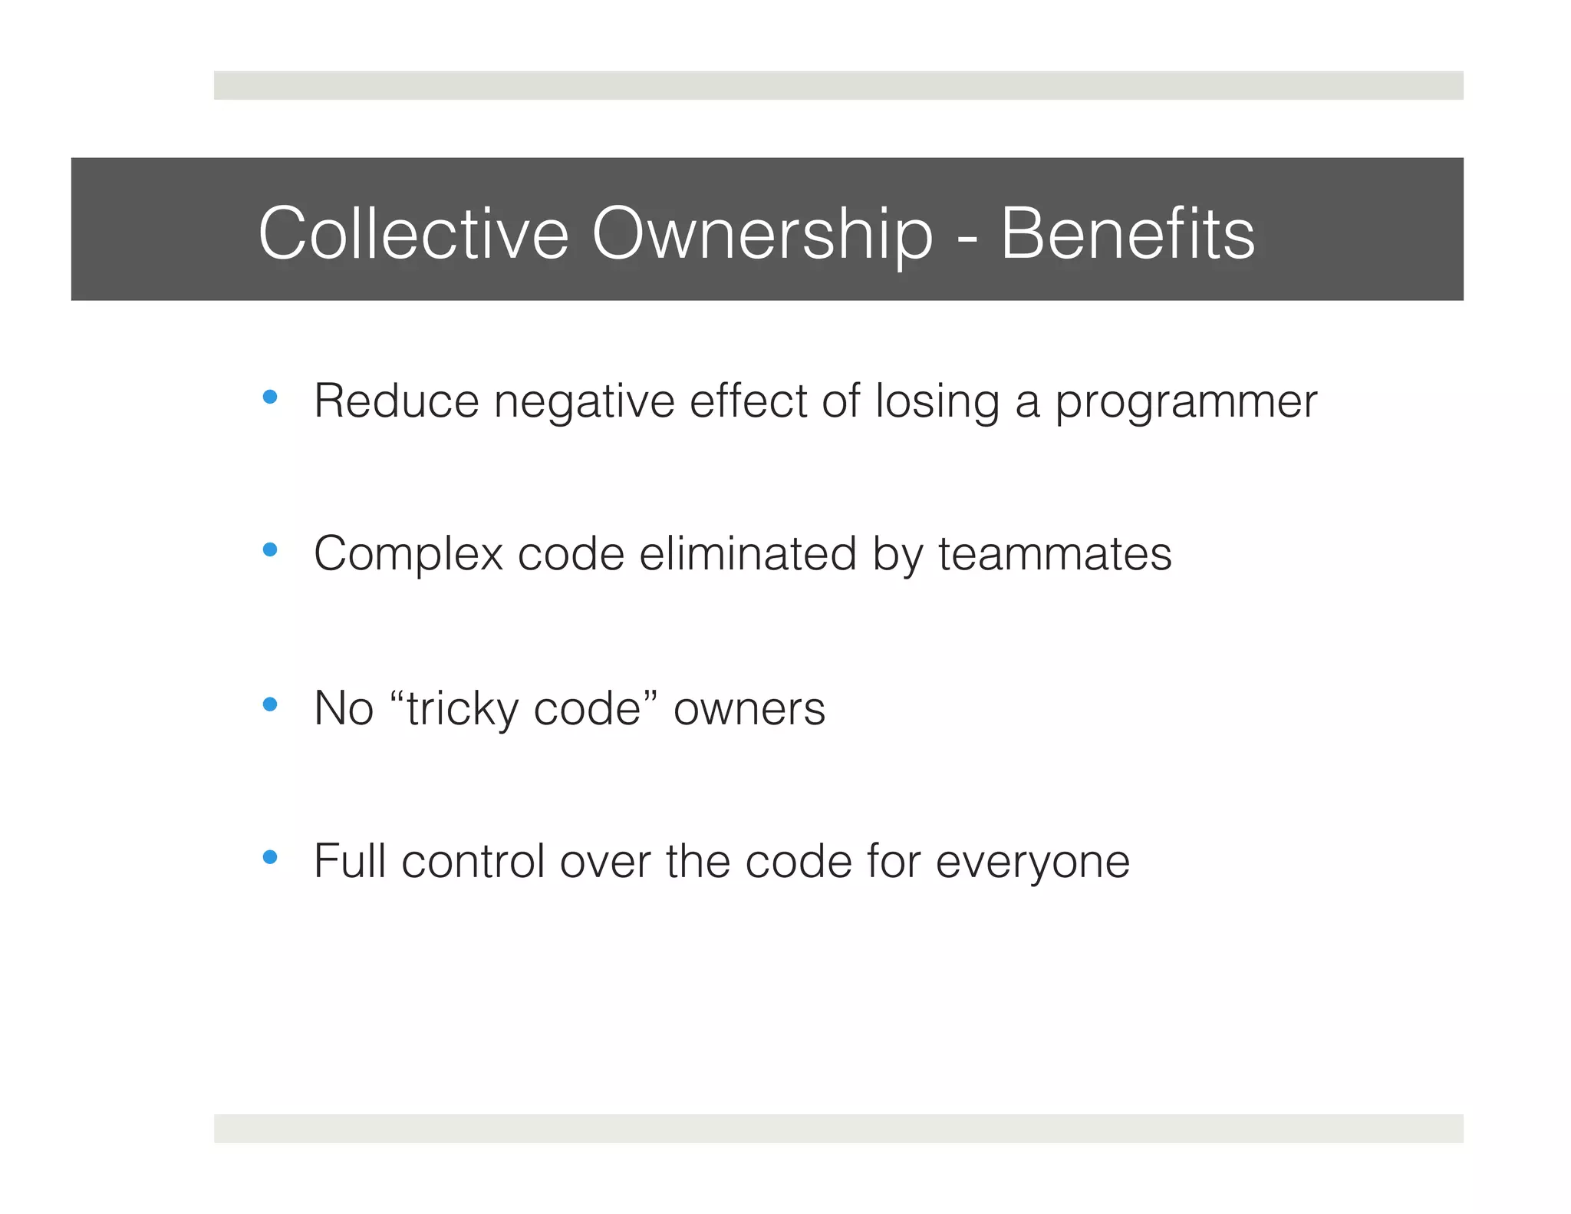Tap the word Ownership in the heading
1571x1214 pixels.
click(762, 233)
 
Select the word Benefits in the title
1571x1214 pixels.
click(1127, 233)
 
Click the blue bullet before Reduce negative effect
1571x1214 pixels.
click(269, 398)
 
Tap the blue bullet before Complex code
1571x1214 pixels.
click(269, 550)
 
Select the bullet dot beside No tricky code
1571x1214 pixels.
click(269, 704)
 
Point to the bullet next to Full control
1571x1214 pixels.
click(269, 857)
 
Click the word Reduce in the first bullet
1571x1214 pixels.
click(397, 401)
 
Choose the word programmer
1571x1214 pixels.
click(1186, 401)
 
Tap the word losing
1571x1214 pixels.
click(937, 401)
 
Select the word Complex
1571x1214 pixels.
click(408, 554)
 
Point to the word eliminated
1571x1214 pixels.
click(747, 554)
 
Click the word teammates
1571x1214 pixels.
click(1055, 554)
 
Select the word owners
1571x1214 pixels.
click(749, 708)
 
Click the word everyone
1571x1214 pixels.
click(1032, 860)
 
